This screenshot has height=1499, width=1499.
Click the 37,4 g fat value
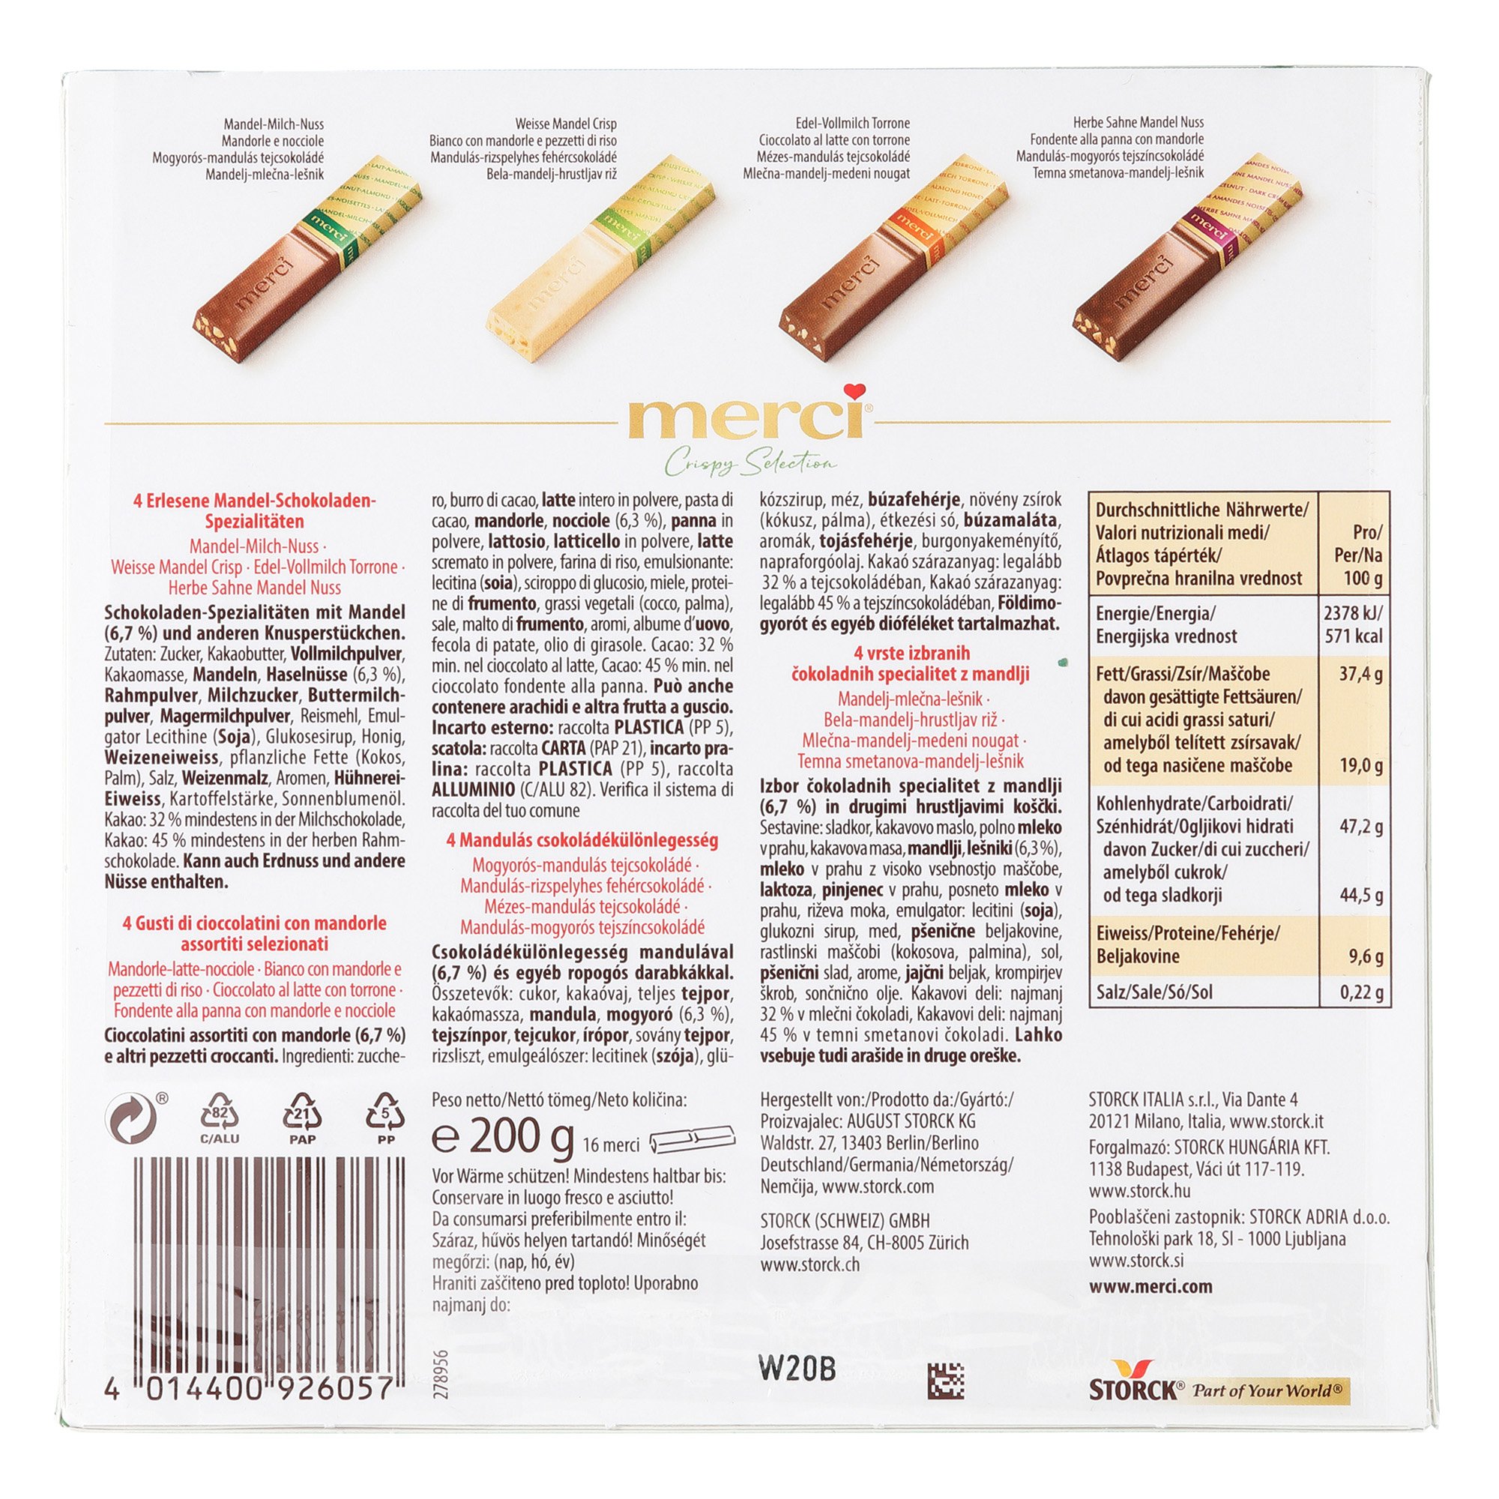[x=1361, y=675]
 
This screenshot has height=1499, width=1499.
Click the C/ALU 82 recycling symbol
[x=220, y=1119]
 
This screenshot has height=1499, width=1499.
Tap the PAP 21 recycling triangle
[x=303, y=1119]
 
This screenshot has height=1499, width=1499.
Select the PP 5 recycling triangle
[x=384, y=1119]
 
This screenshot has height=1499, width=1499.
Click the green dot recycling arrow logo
[x=130, y=1118]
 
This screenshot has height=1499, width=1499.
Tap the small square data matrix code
[x=945, y=1381]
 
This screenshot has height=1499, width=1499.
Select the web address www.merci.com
[x=1150, y=1286]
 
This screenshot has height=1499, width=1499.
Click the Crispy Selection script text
[x=749, y=464]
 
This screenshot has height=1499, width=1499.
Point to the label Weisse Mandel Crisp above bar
[x=566, y=124]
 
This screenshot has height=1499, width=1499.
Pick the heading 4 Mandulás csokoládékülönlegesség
[x=582, y=840]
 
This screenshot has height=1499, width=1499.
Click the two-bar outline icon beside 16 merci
[x=692, y=1142]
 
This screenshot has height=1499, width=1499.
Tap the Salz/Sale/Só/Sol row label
[x=1153, y=992]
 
